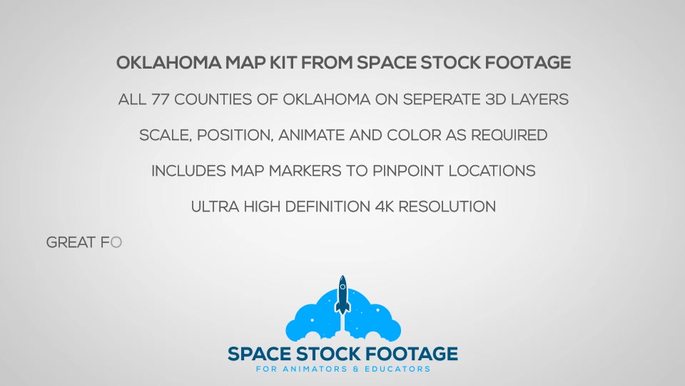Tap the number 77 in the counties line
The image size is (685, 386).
tap(161, 99)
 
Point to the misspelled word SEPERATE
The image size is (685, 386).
tap(441, 99)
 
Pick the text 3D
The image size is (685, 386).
tap(495, 99)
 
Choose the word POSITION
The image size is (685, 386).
tap(235, 135)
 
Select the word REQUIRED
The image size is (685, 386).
tap(509, 135)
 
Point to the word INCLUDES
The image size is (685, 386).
tap(188, 171)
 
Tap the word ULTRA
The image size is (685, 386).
tap(215, 207)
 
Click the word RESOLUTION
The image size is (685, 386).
tap(447, 207)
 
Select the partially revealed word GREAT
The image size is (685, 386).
tap(71, 242)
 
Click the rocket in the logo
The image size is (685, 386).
tap(342, 295)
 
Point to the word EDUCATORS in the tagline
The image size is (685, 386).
tap(397, 369)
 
